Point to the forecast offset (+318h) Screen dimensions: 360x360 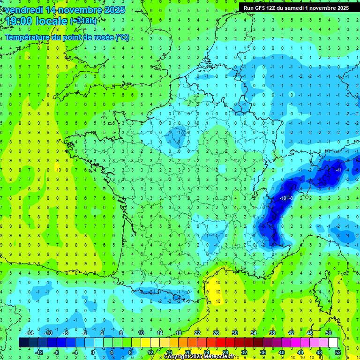83,21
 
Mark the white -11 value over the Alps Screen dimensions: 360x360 338,169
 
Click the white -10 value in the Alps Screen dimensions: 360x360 282,198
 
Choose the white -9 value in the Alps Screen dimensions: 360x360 291,198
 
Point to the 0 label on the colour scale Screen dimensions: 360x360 92,352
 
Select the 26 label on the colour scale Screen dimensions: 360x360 216,332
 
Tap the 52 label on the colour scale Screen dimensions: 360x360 337,352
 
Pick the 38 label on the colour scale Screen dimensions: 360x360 272,332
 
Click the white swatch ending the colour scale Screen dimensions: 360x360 333,342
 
